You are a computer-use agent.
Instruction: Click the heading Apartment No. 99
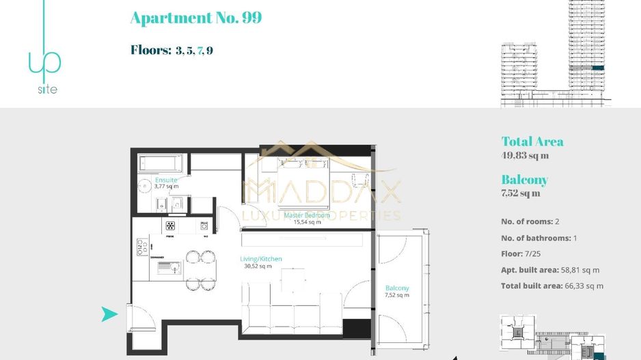coord(195,18)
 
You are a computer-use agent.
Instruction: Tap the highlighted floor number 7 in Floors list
coord(200,51)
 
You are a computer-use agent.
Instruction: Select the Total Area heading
coord(532,142)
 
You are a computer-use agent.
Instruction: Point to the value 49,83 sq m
coord(525,156)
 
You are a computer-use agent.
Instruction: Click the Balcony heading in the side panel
coord(524,180)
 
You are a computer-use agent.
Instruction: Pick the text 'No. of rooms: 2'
coord(530,222)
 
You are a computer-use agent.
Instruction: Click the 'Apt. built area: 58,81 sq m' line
coord(550,271)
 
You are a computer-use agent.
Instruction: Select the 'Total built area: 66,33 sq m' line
coord(552,286)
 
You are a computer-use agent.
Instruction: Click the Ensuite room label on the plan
coord(166,180)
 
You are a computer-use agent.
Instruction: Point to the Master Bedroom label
coord(307,215)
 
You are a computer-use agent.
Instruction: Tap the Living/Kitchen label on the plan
coord(261,259)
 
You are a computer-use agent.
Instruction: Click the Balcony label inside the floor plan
coord(397,288)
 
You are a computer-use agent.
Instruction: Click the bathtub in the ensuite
coord(161,164)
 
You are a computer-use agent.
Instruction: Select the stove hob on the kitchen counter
coord(169,225)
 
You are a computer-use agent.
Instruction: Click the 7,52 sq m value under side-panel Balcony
coord(521,193)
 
